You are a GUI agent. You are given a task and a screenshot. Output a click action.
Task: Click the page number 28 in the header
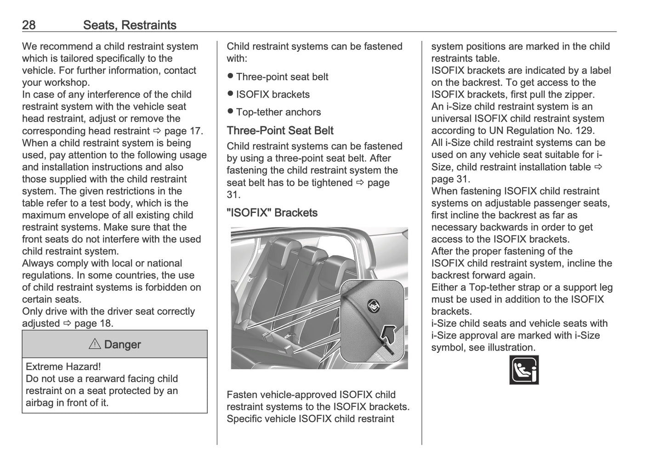[x=28, y=25]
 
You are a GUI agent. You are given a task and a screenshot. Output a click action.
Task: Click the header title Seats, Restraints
[x=130, y=25]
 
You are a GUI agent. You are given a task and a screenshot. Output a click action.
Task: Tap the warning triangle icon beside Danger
[x=95, y=345]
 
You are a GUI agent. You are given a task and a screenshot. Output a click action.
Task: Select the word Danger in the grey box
[x=122, y=345]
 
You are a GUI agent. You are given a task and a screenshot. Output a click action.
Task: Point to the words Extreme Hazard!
[x=63, y=367]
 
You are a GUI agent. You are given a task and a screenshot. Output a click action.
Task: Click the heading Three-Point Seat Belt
[x=280, y=131]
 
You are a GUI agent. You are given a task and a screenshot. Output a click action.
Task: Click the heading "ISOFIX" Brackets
[x=272, y=213]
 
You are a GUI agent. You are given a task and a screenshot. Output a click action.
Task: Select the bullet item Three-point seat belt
[x=282, y=77]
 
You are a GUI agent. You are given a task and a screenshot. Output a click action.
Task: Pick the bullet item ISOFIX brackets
[x=272, y=95]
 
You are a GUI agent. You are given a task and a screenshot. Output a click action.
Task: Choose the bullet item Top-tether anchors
[x=278, y=112]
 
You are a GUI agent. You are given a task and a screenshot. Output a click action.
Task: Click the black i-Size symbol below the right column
[x=524, y=370]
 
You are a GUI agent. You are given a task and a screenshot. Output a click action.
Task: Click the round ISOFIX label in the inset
[x=373, y=304]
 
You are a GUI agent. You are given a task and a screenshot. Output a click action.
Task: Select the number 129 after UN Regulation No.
[x=586, y=131]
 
